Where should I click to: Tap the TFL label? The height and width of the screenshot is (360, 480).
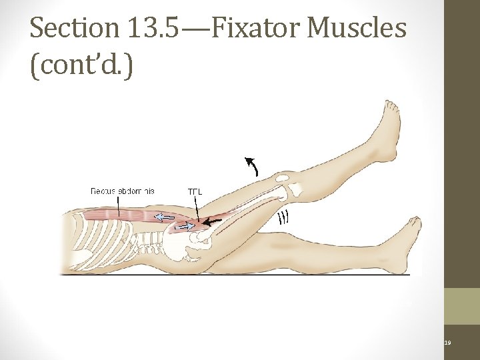pyautogui.click(x=195, y=192)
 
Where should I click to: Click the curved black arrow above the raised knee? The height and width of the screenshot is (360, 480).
pyautogui.click(x=252, y=165)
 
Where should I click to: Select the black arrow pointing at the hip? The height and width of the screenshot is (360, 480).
pyautogui.click(x=213, y=221)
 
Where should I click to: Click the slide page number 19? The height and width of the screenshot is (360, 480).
pyautogui.click(x=447, y=343)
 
